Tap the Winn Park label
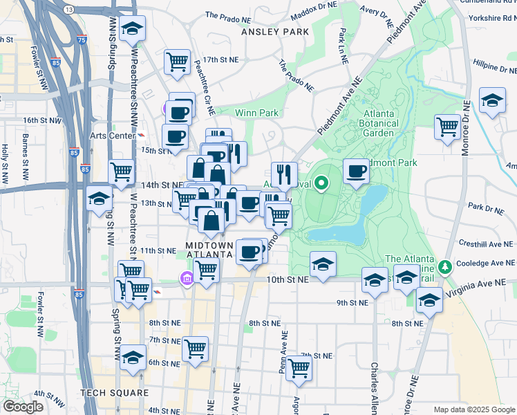click(256, 113)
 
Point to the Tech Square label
click(114, 393)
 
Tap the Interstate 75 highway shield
click(82, 41)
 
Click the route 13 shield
click(68, 9)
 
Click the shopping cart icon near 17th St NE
click(177, 62)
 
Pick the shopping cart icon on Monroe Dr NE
click(447, 127)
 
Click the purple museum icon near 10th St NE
click(186, 279)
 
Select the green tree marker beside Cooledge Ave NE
click(446, 266)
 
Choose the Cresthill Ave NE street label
click(487, 244)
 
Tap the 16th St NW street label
click(41, 120)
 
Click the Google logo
click(23, 407)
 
